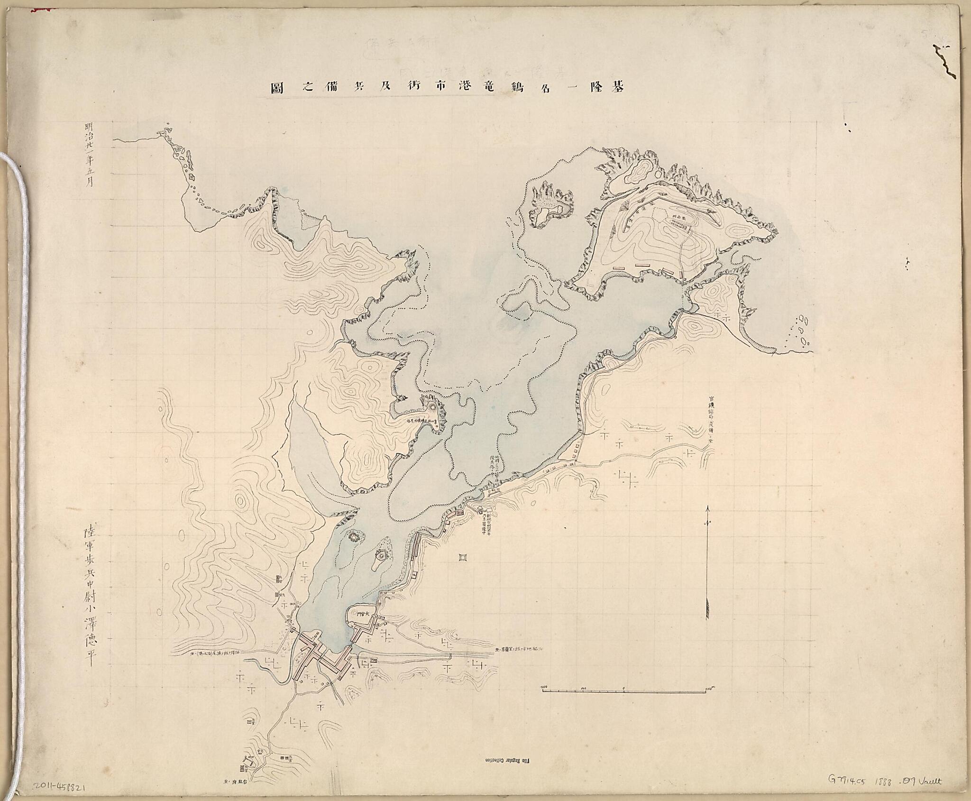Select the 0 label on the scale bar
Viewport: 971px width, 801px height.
tap(623, 688)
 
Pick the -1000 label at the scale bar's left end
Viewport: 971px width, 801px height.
tap(543, 688)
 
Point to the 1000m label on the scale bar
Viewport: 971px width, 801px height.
tap(709, 688)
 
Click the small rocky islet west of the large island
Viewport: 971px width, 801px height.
tap(551, 204)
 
